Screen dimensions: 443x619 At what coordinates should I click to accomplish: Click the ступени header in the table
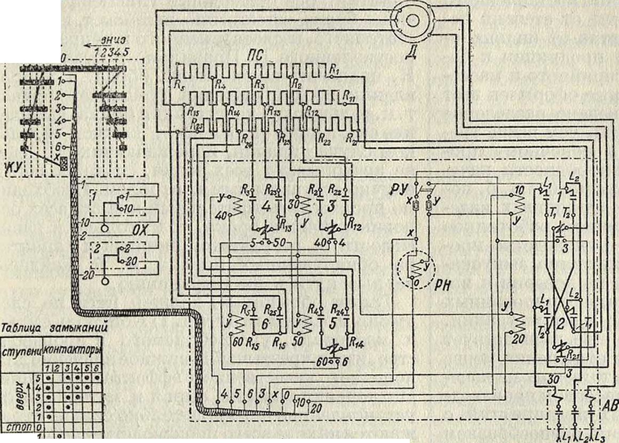[20, 352]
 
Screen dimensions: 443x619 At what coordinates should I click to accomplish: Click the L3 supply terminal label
[599, 437]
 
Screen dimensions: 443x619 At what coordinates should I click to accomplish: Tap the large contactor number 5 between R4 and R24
[334, 322]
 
